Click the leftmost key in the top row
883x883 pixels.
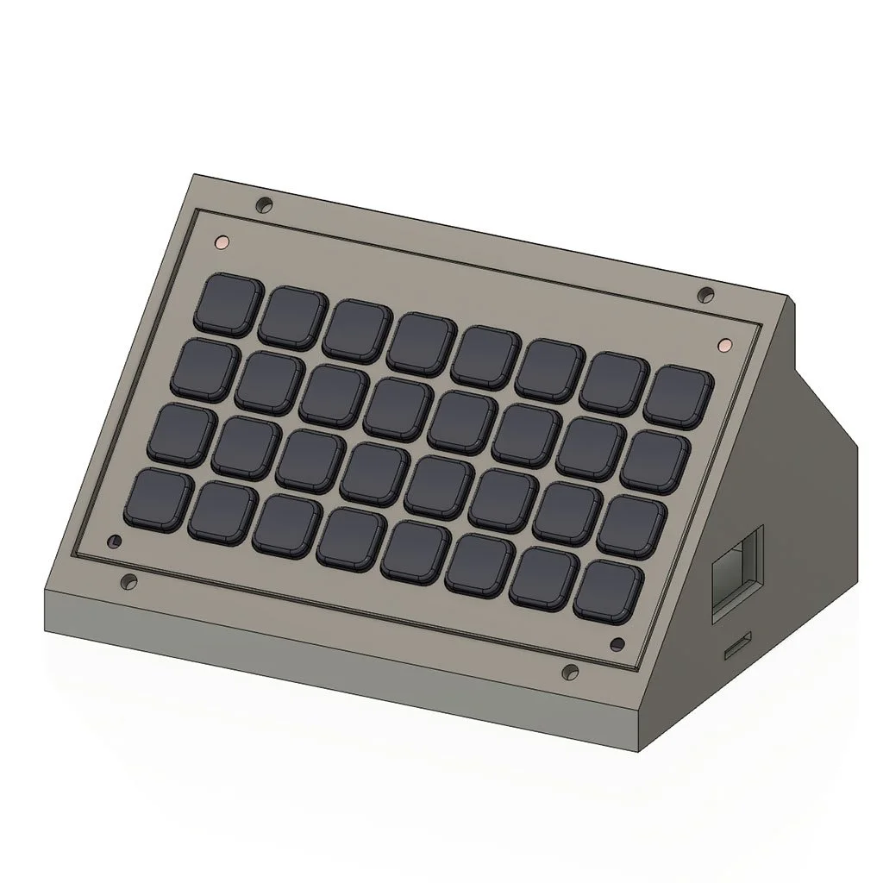point(229,303)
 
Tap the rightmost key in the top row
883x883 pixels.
point(679,395)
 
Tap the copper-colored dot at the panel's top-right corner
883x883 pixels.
point(724,345)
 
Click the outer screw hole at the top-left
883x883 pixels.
point(265,205)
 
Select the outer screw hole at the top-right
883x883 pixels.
point(705,295)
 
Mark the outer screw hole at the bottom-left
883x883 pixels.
point(129,581)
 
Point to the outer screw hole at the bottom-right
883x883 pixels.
point(569,672)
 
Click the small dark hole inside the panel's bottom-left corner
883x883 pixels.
point(112,542)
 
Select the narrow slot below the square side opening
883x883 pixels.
point(737,644)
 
